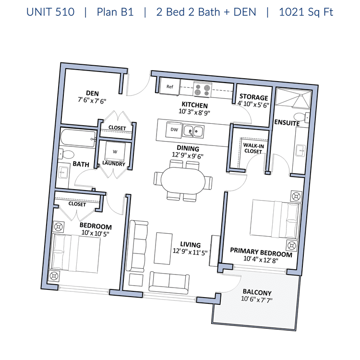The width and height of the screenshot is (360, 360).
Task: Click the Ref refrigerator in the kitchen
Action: [x=169, y=86]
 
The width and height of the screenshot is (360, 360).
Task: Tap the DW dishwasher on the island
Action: [x=174, y=130]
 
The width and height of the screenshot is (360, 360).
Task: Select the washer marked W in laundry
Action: [x=115, y=152]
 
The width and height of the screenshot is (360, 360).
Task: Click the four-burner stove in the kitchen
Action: [x=202, y=90]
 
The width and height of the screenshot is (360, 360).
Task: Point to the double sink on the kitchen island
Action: [x=193, y=132]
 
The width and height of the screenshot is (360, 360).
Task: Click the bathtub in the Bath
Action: [x=78, y=138]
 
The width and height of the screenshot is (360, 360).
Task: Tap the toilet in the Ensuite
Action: [x=302, y=117]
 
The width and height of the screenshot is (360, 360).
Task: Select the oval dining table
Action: [x=183, y=180]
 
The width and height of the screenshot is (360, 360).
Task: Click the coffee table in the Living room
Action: [x=163, y=249]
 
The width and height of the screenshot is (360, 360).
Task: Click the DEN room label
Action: [x=92, y=93]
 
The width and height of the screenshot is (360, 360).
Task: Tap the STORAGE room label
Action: [x=254, y=97]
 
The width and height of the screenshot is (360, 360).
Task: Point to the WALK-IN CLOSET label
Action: [x=253, y=148]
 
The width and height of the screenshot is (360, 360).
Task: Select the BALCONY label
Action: [x=257, y=292]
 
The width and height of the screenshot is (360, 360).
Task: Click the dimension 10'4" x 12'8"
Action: [x=261, y=259]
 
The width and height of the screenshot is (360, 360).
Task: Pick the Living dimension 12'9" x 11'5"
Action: [x=190, y=252]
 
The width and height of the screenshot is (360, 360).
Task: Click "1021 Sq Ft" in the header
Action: [x=306, y=12]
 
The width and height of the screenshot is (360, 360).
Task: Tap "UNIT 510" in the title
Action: [x=50, y=12]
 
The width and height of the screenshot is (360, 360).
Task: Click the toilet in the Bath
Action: [x=66, y=154]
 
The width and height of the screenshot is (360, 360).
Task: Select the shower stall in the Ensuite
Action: [x=293, y=98]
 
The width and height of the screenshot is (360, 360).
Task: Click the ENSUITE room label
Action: [x=287, y=122]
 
